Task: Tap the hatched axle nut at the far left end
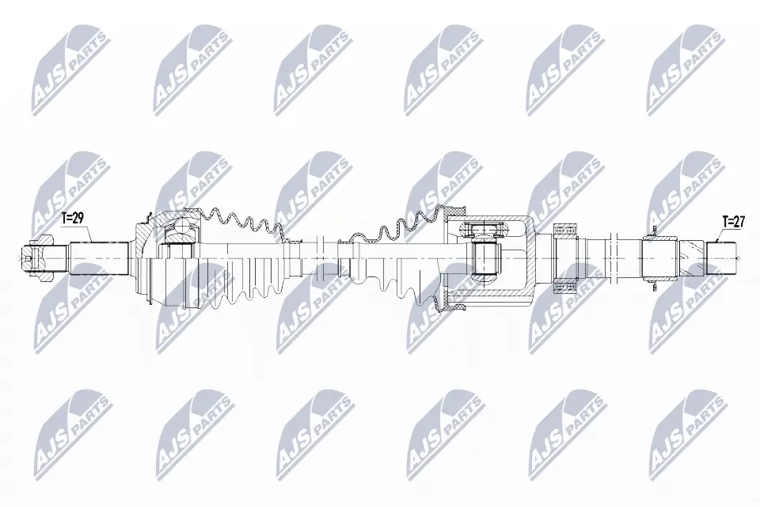29,256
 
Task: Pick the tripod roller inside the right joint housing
484,257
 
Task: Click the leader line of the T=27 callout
716,234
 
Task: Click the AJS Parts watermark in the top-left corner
67,67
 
